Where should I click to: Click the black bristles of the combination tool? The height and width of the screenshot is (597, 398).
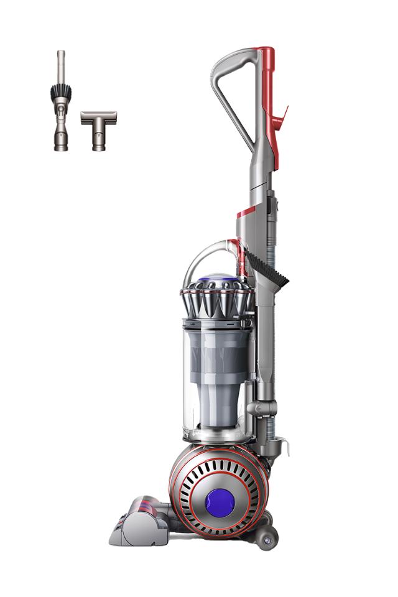point(60,95)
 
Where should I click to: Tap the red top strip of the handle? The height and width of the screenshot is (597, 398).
point(266,68)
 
